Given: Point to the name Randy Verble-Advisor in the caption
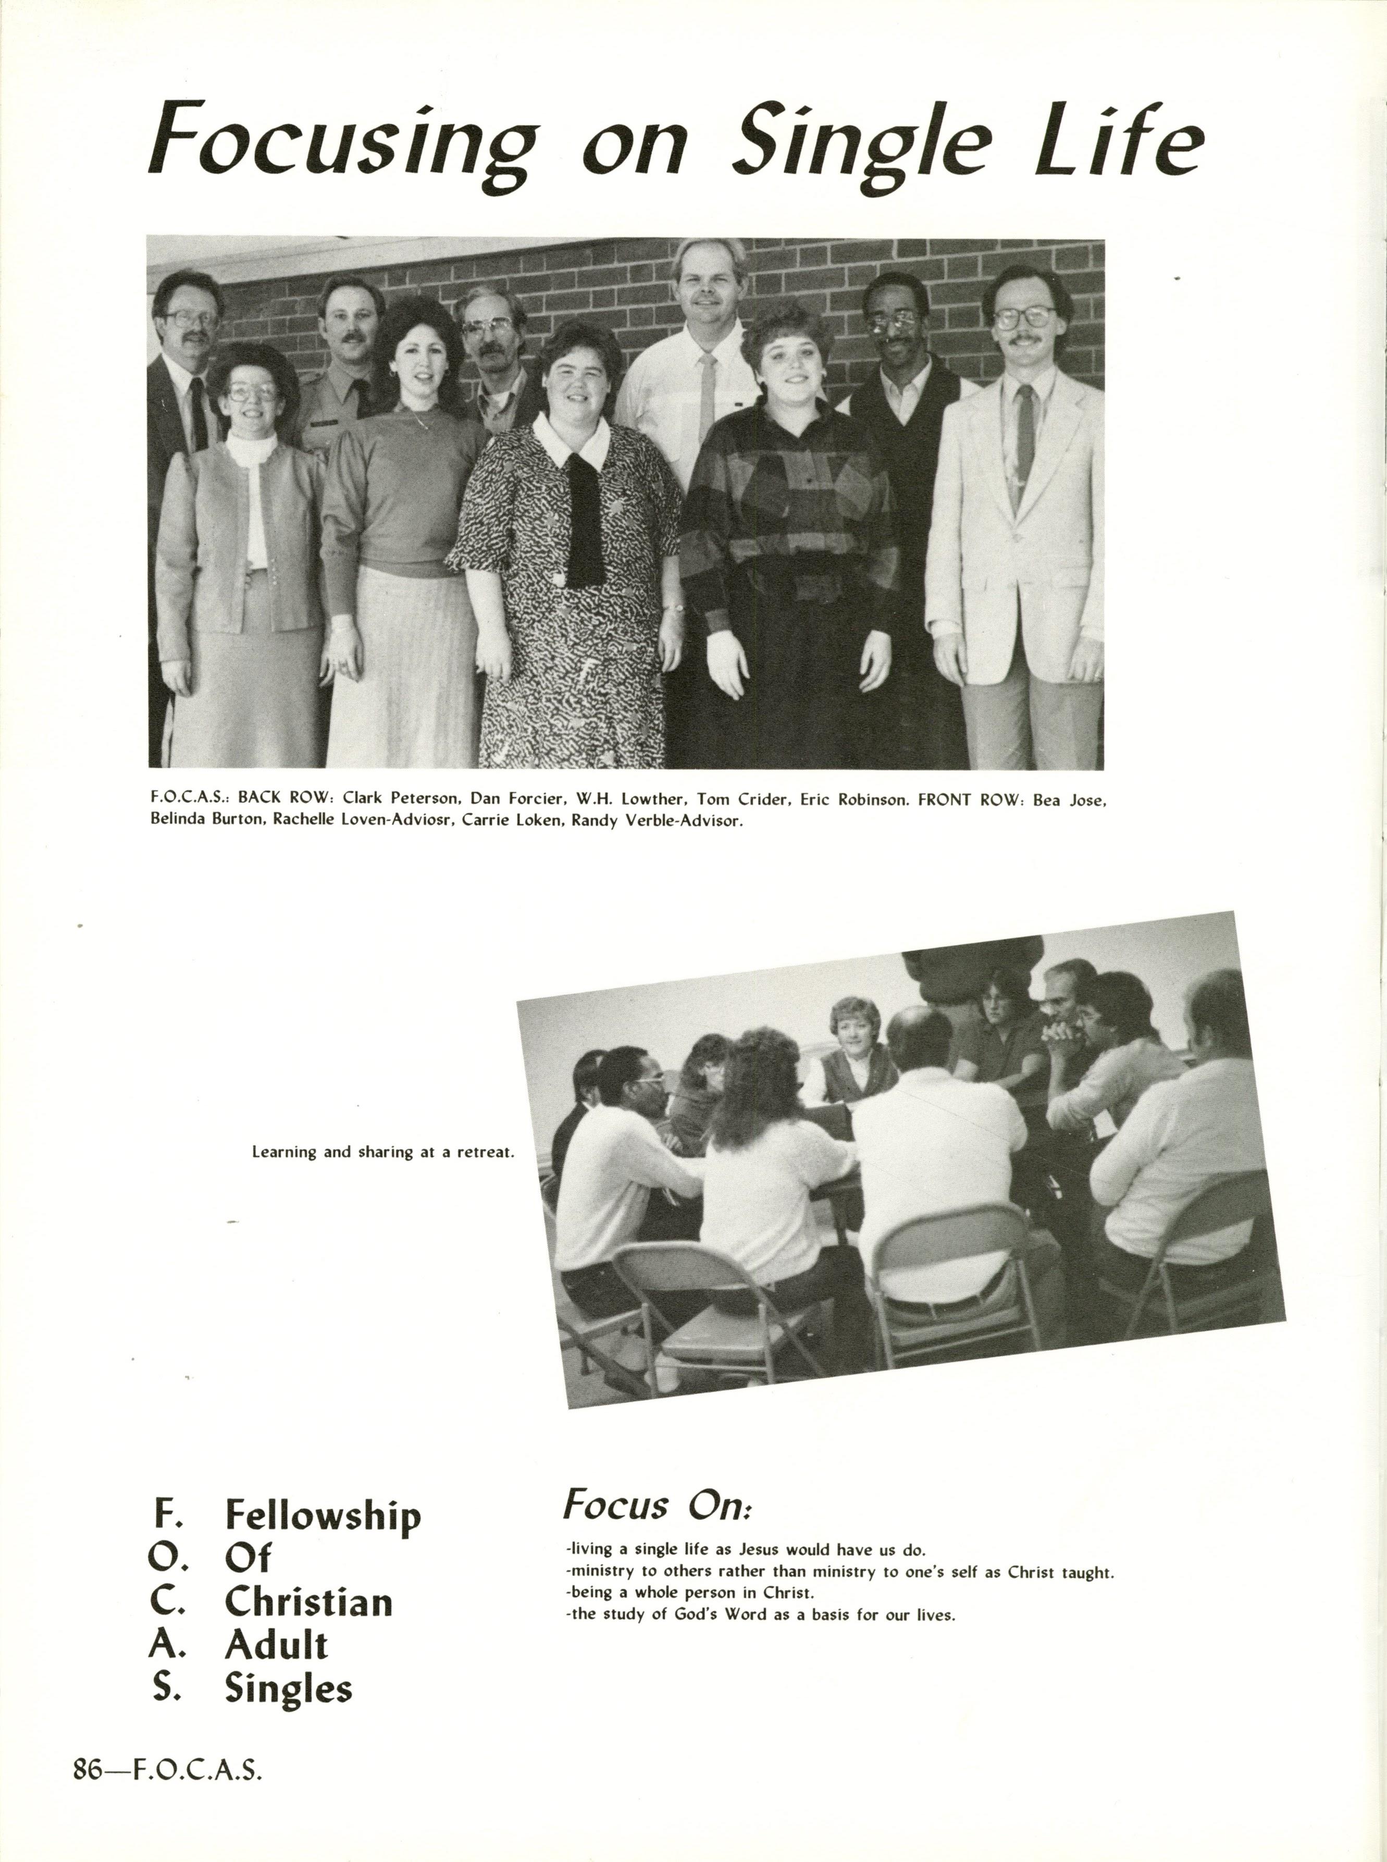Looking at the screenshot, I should (x=658, y=820).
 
